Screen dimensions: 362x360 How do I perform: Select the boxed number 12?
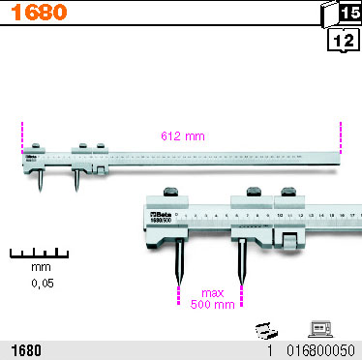tap(342, 41)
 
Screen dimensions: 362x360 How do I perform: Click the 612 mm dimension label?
tap(181, 136)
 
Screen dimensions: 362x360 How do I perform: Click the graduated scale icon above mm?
tap(41, 254)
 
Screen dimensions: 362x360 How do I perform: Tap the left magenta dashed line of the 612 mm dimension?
tap(21, 135)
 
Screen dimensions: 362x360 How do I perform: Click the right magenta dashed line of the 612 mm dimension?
tap(341, 135)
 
